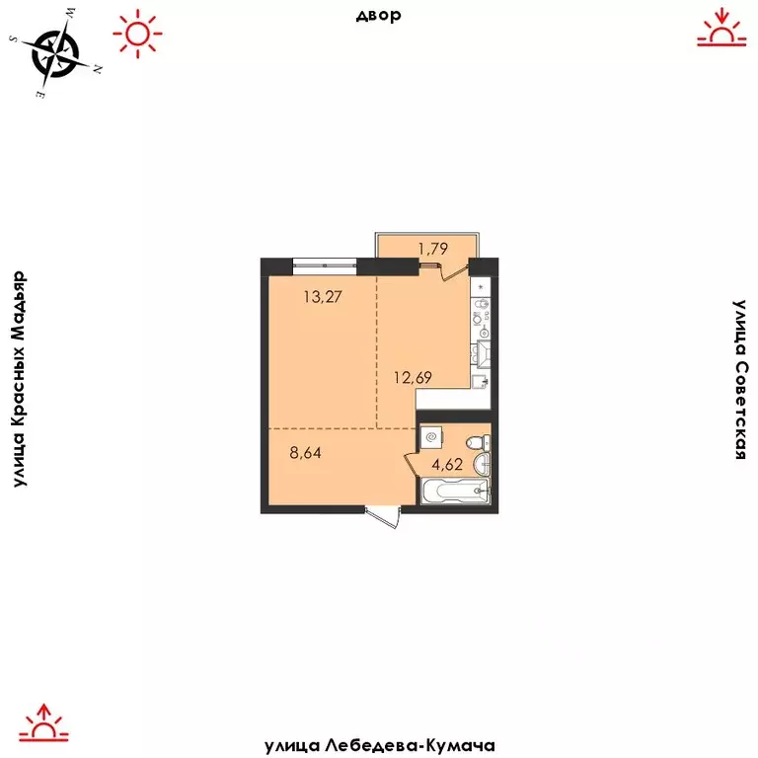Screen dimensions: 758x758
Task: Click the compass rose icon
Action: (x=57, y=53)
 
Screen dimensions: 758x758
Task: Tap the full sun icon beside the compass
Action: (x=136, y=35)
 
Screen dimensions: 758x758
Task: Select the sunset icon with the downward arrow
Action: (x=720, y=29)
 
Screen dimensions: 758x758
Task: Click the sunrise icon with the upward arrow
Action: (x=41, y=722)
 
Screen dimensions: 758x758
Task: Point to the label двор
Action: (x=378, y=15)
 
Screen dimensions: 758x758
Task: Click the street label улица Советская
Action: (x=740, y=380)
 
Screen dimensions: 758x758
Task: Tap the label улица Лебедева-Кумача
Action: (x=379, y=746)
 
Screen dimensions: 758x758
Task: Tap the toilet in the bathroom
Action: (x=477, y=441)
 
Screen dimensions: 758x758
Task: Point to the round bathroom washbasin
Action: (x=480, y=464)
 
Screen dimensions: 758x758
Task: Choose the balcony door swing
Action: (x=453, y=270)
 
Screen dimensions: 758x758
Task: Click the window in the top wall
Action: (x=325, y=262)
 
